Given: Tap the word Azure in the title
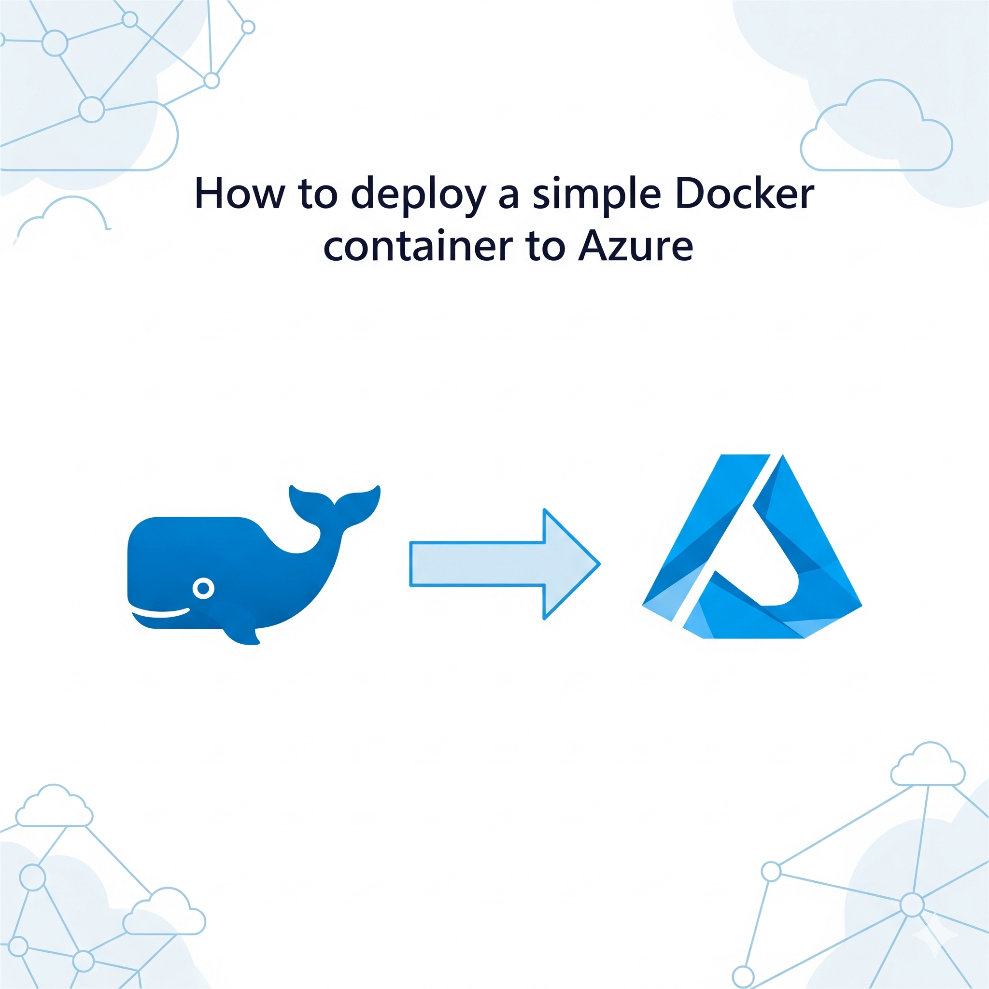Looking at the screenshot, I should pos(636,247).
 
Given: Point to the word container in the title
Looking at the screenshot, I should pos(418,247).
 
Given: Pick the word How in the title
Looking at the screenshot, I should pos(239,195).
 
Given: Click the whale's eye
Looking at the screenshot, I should pos(203,588).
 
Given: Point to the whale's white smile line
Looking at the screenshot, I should pos(161,612).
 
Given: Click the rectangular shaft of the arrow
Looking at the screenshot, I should pos(476,564).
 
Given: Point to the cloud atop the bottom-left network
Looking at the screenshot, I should pos(54,809).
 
